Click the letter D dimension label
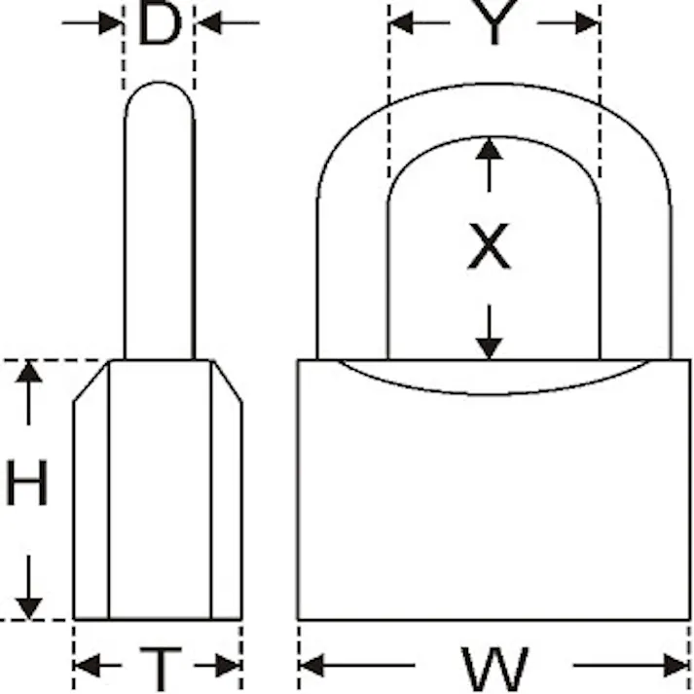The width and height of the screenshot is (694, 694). (x=160, y=23)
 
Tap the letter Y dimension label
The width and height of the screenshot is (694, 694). (x=494, y=22)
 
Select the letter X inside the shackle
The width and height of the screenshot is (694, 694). (x=489, y=246)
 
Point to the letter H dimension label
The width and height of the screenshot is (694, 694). (x=26, y=483)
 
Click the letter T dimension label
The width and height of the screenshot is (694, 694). (x=161, y=670)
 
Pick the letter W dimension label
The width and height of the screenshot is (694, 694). (x=494, y=670)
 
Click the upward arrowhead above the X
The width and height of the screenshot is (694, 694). (x=489, y=149)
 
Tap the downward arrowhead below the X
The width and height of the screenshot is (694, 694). (x=489, y=348)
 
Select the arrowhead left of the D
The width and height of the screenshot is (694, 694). (x=110, y=22)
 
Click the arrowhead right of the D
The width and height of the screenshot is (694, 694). (x=208, y=22)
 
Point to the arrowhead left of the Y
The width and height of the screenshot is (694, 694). (x=401, y=22)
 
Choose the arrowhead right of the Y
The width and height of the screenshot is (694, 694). (x=587, y=22)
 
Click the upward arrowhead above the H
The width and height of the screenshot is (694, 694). (x=29, y=372)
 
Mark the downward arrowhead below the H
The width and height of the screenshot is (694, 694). (x=29, y=608)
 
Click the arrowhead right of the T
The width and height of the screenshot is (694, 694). (x=229, y=665)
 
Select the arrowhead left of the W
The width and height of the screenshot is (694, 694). (x=311, y=665)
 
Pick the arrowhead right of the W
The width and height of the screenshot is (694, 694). (x=676, y=665)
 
